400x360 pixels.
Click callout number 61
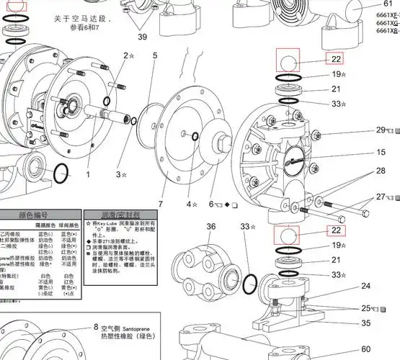click(x=388, y=4)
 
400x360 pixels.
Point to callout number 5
click(x=154, y=55)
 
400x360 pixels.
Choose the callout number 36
click(x=211, y=227)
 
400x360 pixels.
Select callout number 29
click(x=381, y=130)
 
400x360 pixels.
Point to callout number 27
click(x=381, y=197)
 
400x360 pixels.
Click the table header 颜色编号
click(x=40, y=215)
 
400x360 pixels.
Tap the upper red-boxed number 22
click(x=336, y=60)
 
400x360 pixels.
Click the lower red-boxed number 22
click(x=336, y=231)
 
